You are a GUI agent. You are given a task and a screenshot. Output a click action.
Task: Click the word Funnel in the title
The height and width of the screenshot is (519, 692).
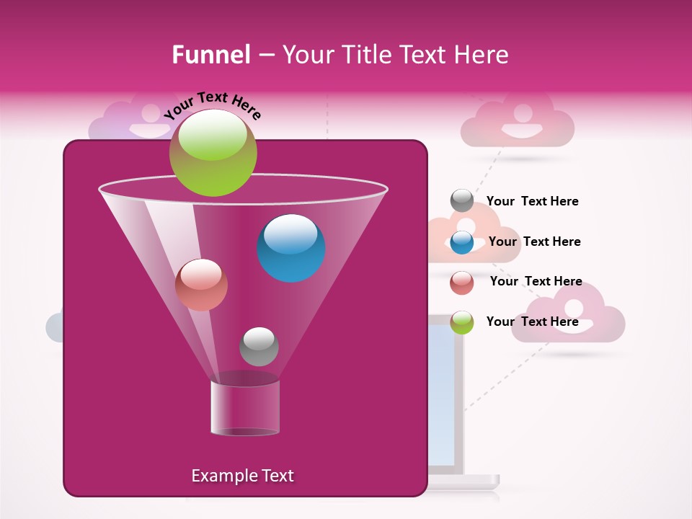tap(210, 55)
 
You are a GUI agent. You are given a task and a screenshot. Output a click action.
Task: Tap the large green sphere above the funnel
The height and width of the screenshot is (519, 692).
tap(213, 152)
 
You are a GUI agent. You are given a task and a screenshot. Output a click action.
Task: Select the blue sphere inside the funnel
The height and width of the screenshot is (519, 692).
tap(291, 248)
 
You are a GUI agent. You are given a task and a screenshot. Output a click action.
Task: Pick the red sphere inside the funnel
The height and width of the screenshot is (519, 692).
tap(201, 285)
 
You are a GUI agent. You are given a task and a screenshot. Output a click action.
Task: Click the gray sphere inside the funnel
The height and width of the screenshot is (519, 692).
tap(259, 346)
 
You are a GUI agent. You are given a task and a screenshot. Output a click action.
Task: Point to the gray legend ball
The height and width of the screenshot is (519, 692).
tap(462, 201)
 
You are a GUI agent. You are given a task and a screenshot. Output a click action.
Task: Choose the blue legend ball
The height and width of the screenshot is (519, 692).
tap(462, 241)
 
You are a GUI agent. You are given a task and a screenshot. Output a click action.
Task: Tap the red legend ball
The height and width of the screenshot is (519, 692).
tap(462, 282)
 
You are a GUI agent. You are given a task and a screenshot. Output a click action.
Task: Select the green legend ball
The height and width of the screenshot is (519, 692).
tap(462, 322)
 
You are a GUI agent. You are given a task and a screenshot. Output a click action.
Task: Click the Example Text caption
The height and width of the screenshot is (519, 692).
tap(242, 476)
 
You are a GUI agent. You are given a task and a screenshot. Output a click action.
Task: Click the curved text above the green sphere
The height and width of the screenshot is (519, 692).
tap(213, 106)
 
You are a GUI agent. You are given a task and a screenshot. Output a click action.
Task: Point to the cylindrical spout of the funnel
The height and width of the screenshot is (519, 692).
tap(245, 408)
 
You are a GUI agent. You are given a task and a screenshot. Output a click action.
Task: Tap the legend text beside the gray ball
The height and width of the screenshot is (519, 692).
tap(532, 201)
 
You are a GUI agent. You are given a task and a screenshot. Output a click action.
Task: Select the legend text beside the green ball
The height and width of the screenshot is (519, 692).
tap(532, 321)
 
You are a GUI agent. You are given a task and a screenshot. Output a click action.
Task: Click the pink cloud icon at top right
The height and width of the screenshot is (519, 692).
tap(518, 121)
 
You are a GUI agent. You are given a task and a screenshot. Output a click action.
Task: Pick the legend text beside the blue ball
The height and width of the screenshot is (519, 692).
tap(534, 241)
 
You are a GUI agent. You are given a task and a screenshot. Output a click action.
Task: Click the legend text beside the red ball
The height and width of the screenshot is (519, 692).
tap(536, 281)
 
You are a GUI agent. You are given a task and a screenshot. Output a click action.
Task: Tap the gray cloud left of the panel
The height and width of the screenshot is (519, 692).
tap(55, 327)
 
